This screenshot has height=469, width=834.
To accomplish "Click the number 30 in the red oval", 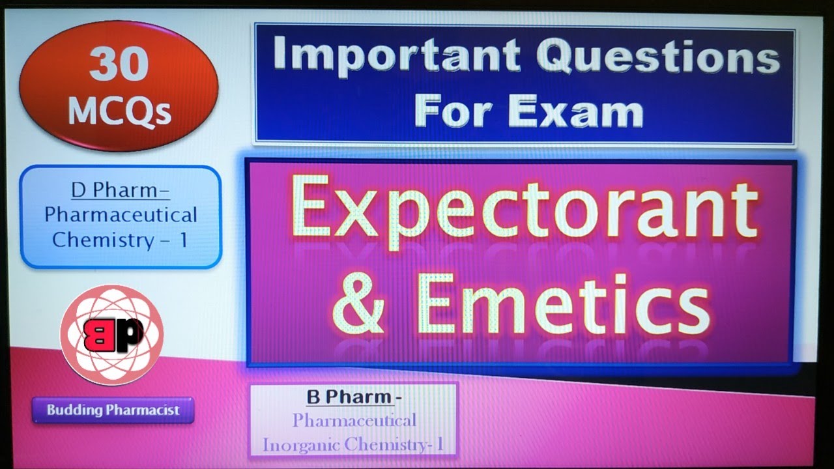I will pyautogui.click(x=119, y=65).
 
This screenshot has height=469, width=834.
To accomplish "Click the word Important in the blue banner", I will pyautogui.click(x=396, y=57).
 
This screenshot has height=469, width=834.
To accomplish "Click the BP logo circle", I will pyautogui.click(x=111, y=335).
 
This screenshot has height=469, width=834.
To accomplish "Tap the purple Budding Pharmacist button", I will pyautogui.click(x=113, y=410).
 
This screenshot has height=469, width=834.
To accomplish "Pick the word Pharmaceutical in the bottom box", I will pyautogui.click(x=354, y=420).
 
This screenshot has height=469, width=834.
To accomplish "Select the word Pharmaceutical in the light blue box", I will pyautogui.click(x=121, y=215).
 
